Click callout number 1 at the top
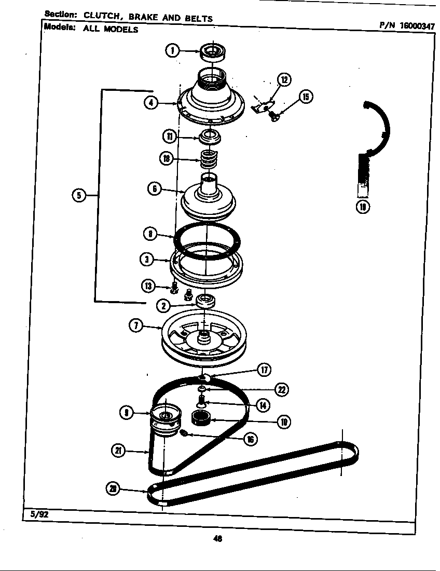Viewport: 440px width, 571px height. click(172, 50)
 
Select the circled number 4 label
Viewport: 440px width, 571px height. click(151, 103)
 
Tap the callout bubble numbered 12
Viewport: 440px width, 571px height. click(284, 79)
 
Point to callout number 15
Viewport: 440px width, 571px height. click(306, 97)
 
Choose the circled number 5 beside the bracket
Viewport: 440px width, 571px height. click(79, 195)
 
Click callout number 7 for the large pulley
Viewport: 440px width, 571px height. click(136, 326)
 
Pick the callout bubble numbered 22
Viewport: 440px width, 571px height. click(282, 390)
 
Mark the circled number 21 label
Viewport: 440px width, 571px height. click(119, 451)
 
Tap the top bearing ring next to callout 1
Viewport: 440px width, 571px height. click(212, 52)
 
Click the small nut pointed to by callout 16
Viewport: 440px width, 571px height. click(183, 433)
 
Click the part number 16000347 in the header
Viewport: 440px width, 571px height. click(415, 24)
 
